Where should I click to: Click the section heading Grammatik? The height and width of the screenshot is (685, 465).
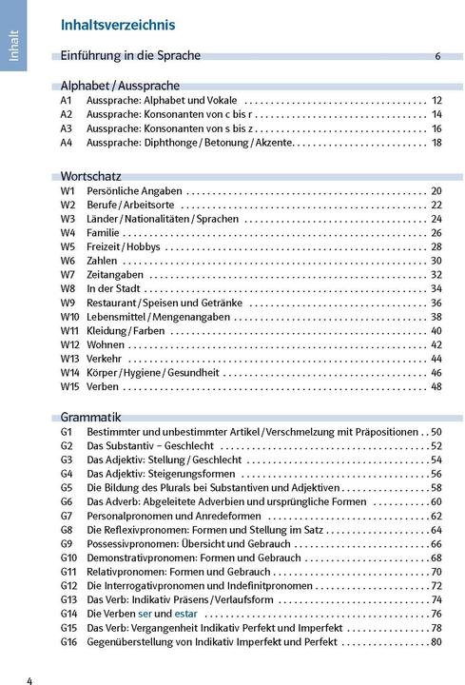pos(91,417)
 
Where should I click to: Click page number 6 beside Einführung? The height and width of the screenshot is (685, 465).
pos(437,56)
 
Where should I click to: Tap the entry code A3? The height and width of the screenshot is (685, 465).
pos(67,128)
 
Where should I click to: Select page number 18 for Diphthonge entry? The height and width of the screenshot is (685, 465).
pos(436,143)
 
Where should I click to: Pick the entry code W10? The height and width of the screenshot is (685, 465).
pos(69,317)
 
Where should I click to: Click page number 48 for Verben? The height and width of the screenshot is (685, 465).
pos(436,386)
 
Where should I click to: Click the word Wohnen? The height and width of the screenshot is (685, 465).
pos(105,344)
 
